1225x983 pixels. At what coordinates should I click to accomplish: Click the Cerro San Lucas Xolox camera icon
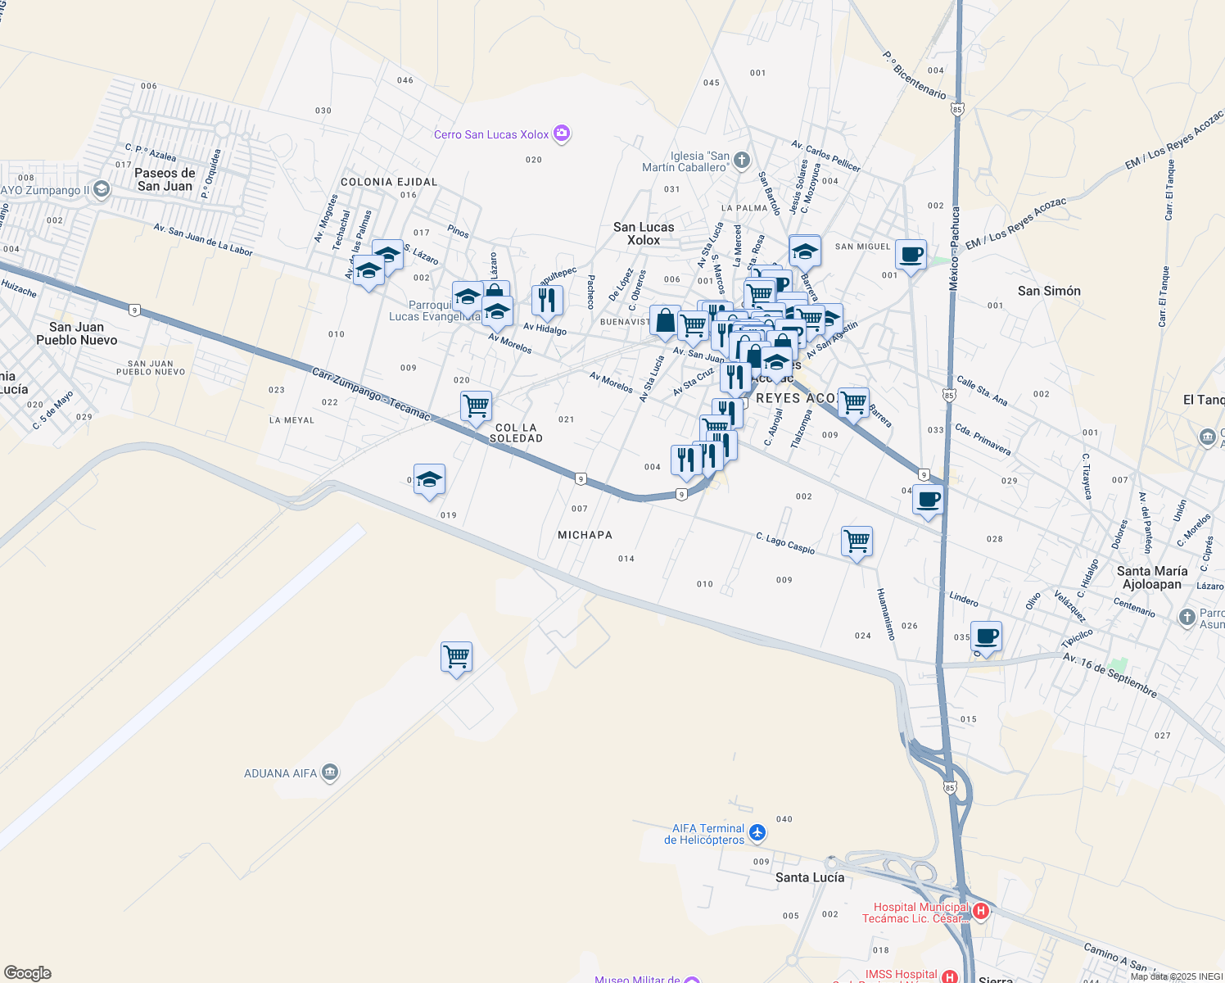562,134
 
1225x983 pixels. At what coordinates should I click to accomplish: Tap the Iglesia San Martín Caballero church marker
741,160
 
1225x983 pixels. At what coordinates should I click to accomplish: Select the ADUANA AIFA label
280,773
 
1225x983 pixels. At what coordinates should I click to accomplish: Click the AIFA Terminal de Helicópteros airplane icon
757,833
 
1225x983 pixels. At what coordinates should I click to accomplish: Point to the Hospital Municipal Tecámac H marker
980,911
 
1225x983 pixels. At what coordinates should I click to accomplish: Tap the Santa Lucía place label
809,877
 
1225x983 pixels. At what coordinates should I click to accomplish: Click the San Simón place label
1049,291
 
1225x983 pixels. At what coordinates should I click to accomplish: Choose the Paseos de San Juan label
165,179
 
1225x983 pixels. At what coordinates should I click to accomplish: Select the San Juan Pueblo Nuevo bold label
77,333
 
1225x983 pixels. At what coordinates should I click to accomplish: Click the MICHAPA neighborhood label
585,535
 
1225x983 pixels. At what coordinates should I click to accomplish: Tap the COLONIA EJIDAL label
389,182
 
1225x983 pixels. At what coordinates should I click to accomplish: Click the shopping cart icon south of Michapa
456,656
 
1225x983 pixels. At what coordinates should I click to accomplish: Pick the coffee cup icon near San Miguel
911,254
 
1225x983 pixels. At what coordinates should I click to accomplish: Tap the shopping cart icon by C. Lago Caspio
857,541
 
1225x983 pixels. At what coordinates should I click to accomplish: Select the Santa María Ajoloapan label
1152,578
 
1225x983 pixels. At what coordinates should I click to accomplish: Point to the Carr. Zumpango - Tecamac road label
371,394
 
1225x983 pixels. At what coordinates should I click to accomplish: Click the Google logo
27,972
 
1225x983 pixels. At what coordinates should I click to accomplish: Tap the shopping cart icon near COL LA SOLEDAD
476,405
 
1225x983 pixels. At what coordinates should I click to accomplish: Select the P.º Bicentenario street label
914,75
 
